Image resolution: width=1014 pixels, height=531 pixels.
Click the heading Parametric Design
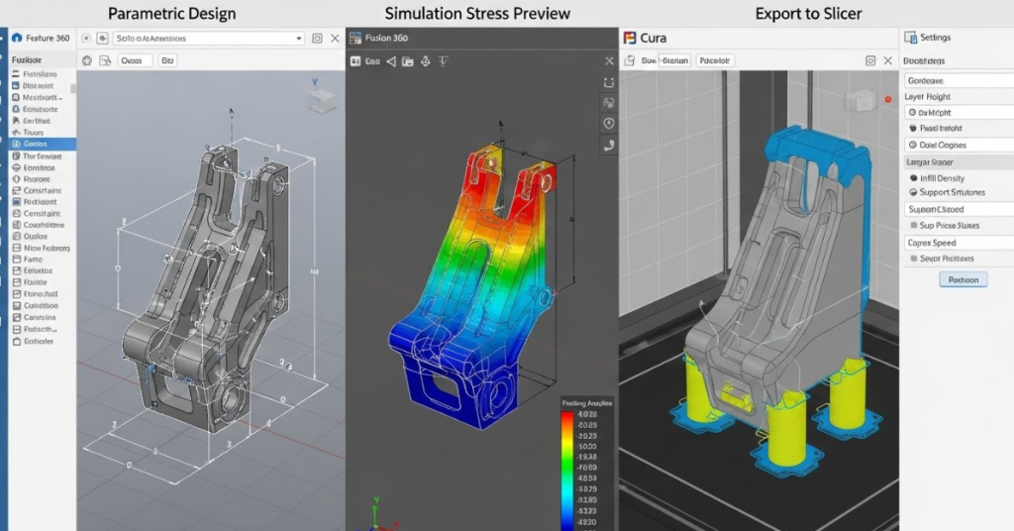(x=172, y=13)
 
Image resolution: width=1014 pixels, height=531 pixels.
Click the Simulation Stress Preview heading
(x=477, y=13)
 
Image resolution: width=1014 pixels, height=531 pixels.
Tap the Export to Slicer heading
(x=808, y=13)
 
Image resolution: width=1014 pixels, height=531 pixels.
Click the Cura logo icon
(x=629, y=38)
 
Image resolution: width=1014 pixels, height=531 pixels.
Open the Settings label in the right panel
(x=935, y=38)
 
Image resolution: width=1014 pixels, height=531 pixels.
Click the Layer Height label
(x=928, y=97)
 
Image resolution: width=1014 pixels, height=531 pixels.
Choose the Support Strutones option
(x=952, y=192)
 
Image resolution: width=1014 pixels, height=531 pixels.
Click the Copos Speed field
(x=932, y=243)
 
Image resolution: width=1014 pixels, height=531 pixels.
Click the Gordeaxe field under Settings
(x=926, y=80)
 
